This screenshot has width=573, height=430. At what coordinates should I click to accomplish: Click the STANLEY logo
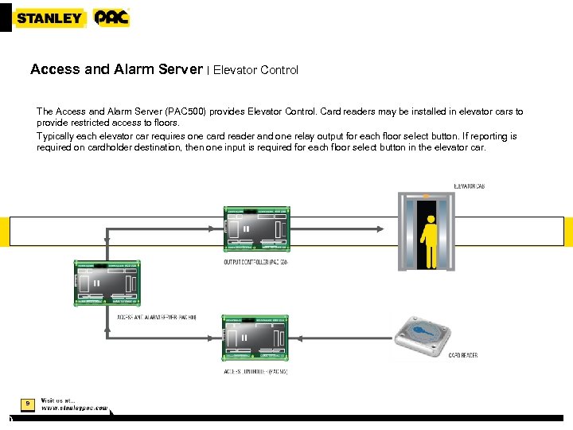click(x=49, y=18)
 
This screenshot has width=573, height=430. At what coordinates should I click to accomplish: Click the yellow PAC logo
click(x=111, y=18)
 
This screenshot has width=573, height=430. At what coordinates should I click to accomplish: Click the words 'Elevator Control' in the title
click(x=255, y=70)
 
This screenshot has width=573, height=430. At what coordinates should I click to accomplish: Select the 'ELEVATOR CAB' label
click(x=469, y=186)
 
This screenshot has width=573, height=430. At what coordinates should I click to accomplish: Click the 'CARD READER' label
click(x=463, y=355)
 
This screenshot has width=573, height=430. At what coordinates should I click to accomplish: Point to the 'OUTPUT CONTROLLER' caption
click(x=255, y=262)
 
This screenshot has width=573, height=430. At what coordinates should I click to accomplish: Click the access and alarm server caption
click(x=157, y=317)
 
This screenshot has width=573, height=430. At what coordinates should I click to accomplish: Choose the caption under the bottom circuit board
click(x=255, y=372)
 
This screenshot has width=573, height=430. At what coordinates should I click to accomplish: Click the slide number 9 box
click(x=27, y=404)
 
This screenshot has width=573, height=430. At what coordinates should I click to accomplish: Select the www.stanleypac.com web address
click(x=74, y=408)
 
